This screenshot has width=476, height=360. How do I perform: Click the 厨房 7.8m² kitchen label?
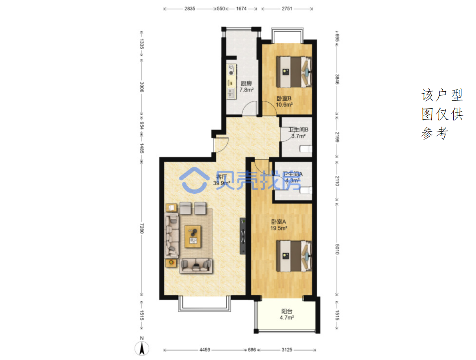pyautogui.click(x=246, y=86)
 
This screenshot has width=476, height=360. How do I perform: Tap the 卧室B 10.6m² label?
pyautogui.click(x=284, y=101)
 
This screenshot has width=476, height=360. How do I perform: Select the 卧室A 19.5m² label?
pyautogui.click(x=279, y=225)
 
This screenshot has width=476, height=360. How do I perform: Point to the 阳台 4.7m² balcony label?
pyautogui.click(x=286, y=314)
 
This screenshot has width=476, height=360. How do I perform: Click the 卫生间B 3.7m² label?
pyautogui.click(x=298, y=133)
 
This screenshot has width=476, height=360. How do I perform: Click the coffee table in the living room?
pyautogui.click(x=193, y=236)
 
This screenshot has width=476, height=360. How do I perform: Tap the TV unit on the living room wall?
pyautogui.click(x=243, y=236)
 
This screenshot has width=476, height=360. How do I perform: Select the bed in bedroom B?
pyautogui.click(x=294, y=72)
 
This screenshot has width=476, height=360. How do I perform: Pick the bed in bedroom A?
pyautogui.click(x=294, y=256)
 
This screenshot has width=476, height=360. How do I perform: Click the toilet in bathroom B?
pyautogui.click(x=306, y=149)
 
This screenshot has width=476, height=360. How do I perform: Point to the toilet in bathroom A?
pyautogui.click(x=306, y=190)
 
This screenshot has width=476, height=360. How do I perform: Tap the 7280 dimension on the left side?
pyautogui.click(x=141, y=228)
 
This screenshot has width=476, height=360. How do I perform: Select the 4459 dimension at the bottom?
pyautogui.click(x=205, y=349)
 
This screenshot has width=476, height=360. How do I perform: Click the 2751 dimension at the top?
pyautogui.click(x=287, y=9)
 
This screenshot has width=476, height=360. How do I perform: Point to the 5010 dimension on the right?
pyautogui.click(x=337, y=249)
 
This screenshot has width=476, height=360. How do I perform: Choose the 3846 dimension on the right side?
pyautogui.click(x=337, y=79)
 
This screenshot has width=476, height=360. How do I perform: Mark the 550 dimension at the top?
pyautogui.click(x=221, y=9)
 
